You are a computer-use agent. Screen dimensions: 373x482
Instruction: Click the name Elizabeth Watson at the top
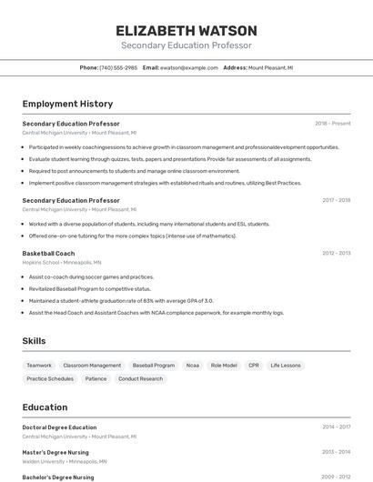[x=186, y=30]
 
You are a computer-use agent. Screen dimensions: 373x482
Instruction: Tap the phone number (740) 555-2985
[x=118, y=67]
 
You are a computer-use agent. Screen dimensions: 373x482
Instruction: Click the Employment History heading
[x=67, y=104]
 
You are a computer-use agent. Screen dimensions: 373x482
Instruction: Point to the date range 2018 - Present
[x=332, y=124]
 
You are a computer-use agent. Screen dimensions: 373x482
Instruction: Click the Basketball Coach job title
[x=48, y=253]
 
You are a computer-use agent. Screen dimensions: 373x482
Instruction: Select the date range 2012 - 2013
[x=336, y=254]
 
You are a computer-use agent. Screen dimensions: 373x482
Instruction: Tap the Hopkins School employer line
[x=62, y=262]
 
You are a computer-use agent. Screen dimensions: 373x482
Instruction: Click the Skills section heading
[x=35, y=341]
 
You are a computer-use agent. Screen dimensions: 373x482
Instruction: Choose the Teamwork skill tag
[x=39, y=365]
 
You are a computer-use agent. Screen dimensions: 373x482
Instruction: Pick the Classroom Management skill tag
[x=92, y=365]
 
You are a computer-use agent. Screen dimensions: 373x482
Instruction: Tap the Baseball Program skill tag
[x=153, y=365]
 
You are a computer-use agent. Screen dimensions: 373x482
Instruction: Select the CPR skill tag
[x=254, y=365]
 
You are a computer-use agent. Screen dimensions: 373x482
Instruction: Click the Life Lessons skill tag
[x=286, y=365]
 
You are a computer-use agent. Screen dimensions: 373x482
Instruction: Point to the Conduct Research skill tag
[x=140, y=378]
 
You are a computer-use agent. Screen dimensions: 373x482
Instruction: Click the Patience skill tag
[x=96, y=378]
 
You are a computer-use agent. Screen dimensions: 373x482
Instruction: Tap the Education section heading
[x=45, y=407]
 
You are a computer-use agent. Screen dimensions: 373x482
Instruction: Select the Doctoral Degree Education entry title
[x=59, y=427]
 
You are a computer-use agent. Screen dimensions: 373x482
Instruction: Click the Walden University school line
[x=62, y=460]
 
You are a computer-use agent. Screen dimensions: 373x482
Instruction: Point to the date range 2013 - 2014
[x=336, y=451]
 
